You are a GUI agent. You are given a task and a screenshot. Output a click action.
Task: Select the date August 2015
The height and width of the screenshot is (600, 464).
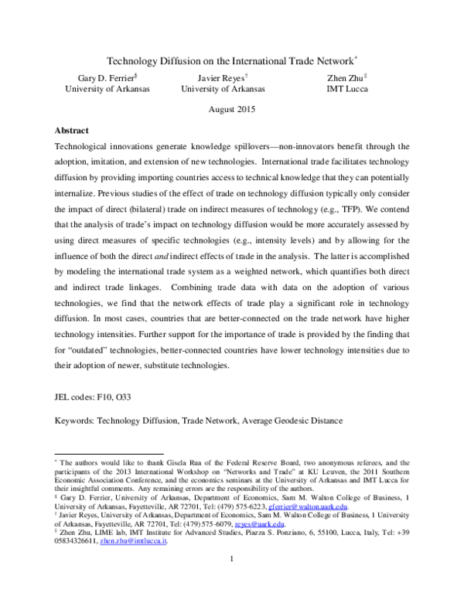click(x=232, y=110)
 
